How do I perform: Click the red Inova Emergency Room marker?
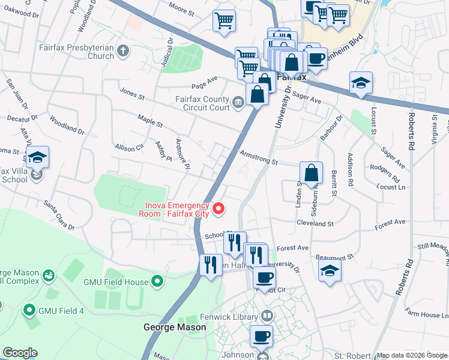[x=219, y=209]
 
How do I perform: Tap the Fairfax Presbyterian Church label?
[x=76, y=52]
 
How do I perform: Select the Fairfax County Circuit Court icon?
[x=238, y=103]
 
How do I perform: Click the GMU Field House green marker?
[x=157, y=280]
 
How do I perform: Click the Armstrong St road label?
[x=259, y=158]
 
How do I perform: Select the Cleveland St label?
[x=315, y=223]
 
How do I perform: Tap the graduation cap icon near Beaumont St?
[x=330, y=270]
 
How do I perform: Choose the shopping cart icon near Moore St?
[x=224, y=21]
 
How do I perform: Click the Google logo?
[x=20, y=353]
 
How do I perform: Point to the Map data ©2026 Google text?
[x=411, y=355]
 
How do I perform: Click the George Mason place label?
[x=175, y=328]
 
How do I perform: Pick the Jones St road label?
[x=132, y=94]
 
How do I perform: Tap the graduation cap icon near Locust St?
[x=361, y=83]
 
